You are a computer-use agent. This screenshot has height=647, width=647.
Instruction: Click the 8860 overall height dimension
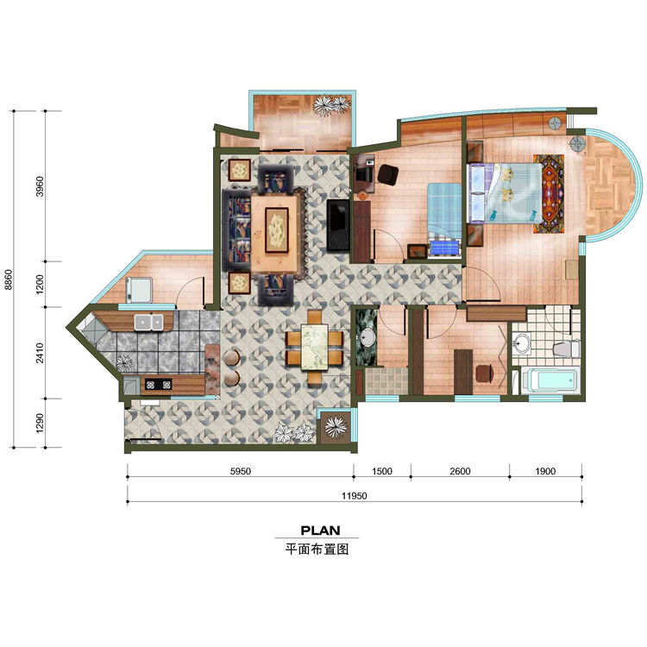[9, 280]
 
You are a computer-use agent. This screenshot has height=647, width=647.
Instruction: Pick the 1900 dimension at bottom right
[544, 472]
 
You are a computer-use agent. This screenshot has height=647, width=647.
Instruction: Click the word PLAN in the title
[320, 530]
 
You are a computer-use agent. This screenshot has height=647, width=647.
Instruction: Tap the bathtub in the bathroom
[551, 380]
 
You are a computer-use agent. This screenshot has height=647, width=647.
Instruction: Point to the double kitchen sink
[149, 323]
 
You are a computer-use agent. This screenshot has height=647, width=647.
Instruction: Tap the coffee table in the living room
[277, 229]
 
